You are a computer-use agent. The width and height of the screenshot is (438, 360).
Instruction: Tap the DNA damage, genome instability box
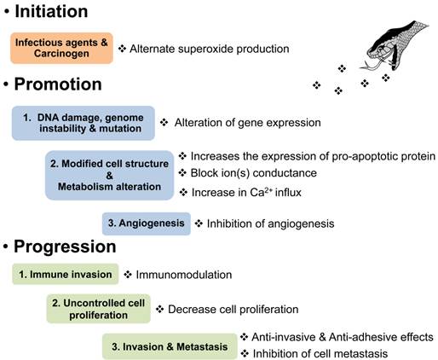(x=84, y=122)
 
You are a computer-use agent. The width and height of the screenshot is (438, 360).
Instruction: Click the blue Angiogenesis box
(x=146, y=224)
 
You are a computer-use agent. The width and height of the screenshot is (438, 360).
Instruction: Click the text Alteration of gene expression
(x=247, y=123)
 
